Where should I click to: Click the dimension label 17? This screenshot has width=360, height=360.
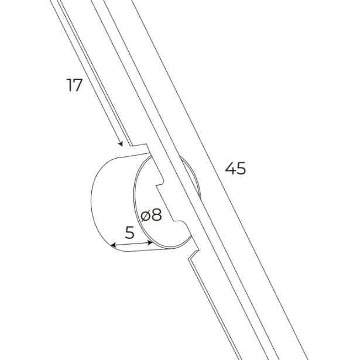(74, 85)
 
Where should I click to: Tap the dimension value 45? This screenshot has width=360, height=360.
(235, 168)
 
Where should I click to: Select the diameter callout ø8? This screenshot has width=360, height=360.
(151, 215)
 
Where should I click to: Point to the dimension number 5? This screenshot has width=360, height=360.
(130, 232)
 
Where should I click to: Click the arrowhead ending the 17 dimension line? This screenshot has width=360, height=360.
(121, 144)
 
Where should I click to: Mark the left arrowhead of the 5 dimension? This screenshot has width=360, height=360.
(114, 245)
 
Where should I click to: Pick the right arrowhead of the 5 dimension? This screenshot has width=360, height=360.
(150, 242)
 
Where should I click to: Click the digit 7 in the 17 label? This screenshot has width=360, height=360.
(78, 85)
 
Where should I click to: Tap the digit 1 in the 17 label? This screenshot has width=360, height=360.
(68, 85)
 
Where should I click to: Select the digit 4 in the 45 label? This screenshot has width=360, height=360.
(230, 168)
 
